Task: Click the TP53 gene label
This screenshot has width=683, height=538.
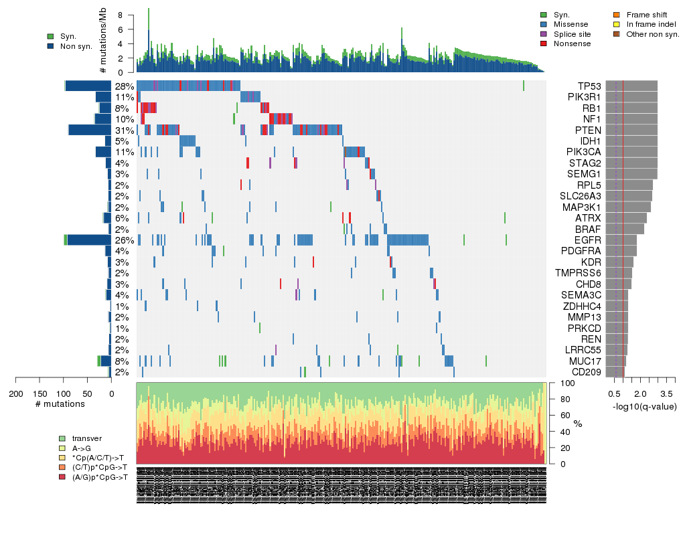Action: pyautogui.click(x=590, y=86)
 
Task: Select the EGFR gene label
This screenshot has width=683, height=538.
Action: pyautogui.click(x=589, y=240)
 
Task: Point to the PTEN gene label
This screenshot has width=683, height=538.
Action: pyautogui.click(x=589, y=130)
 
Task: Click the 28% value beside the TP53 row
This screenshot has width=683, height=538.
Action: pyautogui.click(x=125, y=86)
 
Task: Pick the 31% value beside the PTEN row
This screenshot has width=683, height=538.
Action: pyautogui.click(x=125, y=130)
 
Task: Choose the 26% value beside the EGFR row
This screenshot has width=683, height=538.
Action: pyautogui.click(x=125, y=240)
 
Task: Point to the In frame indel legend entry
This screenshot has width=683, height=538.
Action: pyautogui.click(x=652, y=24)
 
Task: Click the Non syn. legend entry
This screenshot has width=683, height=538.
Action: pyautogui.click(x=76, y=46)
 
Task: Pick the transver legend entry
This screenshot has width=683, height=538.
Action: pyautogui.click(x=87, y=438)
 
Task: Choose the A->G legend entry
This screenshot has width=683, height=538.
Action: pyautogui.click(x=83, y=448)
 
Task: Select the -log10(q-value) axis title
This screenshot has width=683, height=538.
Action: pyautogui.click(x=643, y=406)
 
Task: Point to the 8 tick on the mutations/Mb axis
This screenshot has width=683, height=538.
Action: pyautogui.click(x=120, y=15)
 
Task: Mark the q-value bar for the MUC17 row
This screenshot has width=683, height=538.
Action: pyautogui.click(x=615, y=361)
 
